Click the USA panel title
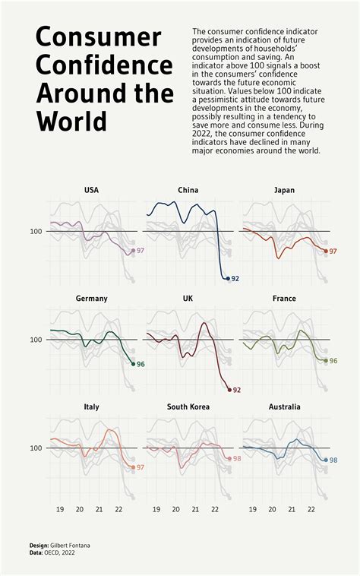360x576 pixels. click(91, 190)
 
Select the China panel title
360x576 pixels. click(188, 190)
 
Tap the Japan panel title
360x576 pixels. click(284, 190)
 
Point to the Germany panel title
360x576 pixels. click(91, 299)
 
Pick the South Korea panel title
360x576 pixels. click(188, 407)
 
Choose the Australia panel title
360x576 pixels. click(284, 407)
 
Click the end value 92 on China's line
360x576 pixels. click(235, 279)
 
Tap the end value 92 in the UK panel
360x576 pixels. click(236, 390)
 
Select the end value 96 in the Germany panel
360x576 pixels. click(141, 364)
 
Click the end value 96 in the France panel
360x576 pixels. click(333, 361)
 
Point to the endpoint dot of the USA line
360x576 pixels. click(133, 251)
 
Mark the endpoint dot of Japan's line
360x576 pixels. click(326, 251)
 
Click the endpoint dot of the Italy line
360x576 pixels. click(133, 467)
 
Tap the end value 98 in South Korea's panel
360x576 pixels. click(237, 459)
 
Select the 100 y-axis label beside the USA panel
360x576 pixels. click(36, 231)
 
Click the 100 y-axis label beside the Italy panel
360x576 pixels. click(36, 448)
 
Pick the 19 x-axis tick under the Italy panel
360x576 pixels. click(60, 510)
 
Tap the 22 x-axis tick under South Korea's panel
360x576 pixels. click(215, 510)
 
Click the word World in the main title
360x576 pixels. click(71, 121)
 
